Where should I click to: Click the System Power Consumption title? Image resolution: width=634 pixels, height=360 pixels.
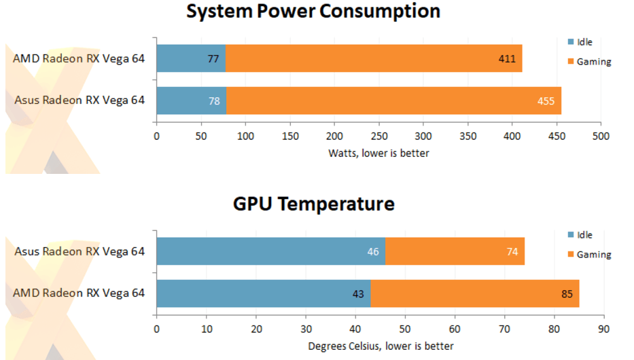click(x=313, y=11)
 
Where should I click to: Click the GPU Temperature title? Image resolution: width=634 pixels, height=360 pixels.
click(x=313, y=203)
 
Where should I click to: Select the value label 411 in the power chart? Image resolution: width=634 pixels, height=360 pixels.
click(x=507, y=59)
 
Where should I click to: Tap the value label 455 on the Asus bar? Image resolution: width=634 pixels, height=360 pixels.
click(x=546, y=101)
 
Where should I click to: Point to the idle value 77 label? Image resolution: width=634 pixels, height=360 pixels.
click(x=213, y=59)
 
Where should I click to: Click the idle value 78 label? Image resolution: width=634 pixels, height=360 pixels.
click(x=215, y=101)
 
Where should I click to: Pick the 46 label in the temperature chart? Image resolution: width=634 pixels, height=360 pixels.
click(x=373, y=251)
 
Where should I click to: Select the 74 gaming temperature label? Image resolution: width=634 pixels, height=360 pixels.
click(x=512, y=251)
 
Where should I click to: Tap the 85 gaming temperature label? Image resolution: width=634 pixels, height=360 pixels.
click(x=567, y=293)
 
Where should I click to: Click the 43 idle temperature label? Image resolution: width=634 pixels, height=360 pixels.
click(x=358, y=293)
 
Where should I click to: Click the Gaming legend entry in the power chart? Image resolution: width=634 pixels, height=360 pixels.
click(x=593, y=62)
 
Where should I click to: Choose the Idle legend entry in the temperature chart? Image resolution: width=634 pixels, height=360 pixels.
click(x=584, y=235)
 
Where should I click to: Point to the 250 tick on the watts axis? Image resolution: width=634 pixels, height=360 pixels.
click(x=378, y=136)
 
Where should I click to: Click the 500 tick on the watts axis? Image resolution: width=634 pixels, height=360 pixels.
click(x=601, y=136)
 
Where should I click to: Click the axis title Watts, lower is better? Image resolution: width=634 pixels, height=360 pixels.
click(x=378, y=153)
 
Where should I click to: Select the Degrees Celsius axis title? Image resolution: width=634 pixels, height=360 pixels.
click(x=381, y=346)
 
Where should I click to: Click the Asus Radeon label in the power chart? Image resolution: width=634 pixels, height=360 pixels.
click(x=80, y=101)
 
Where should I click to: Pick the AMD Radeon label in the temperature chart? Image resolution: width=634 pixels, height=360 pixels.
click(x=79, y=293)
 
